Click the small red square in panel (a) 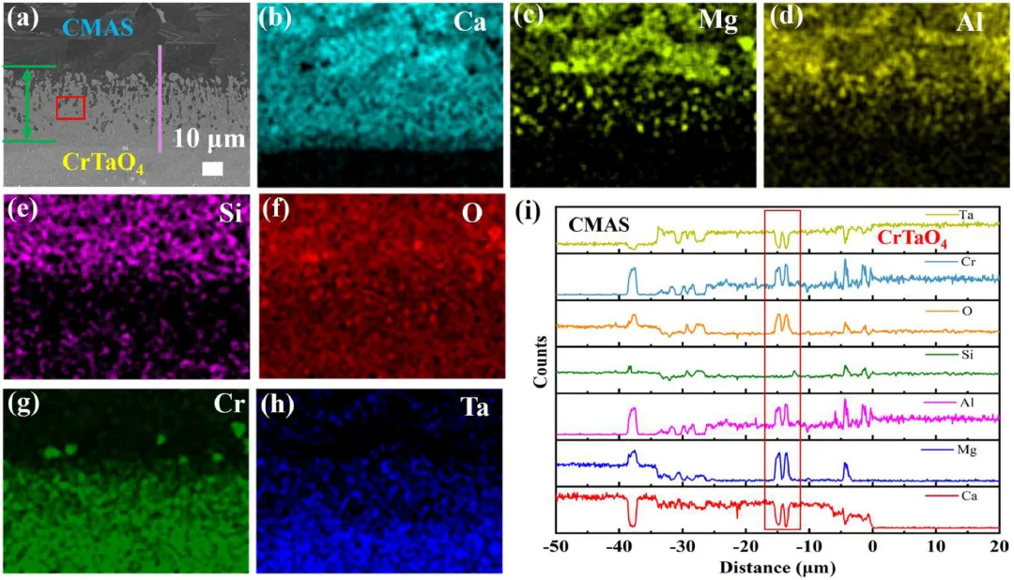point(70,108)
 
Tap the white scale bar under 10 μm point(213,168)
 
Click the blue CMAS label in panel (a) point(91,29)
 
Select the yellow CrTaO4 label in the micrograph point(104,167)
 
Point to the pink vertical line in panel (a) point(160,98)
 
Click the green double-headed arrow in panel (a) point(27,104)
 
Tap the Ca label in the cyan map point(468,22)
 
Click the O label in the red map point(472,214)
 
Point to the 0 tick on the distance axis point(872,548)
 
